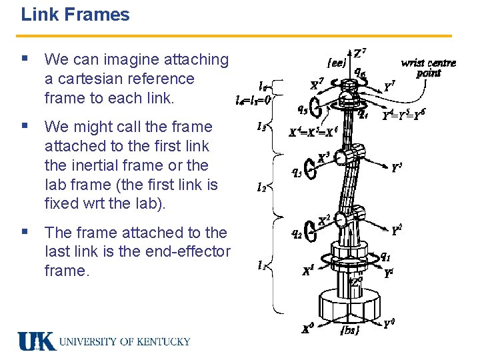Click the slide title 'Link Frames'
click(75, 15)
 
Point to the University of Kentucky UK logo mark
click(36, 341)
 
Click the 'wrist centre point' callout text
click(428, 67)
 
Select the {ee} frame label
click(337, 65)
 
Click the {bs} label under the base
click(349, 329)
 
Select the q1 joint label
click(385, 256)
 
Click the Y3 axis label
click(397, 168)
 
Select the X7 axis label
click(318, 85)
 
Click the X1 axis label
click(308, 271)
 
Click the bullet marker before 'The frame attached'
click(25, 233)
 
